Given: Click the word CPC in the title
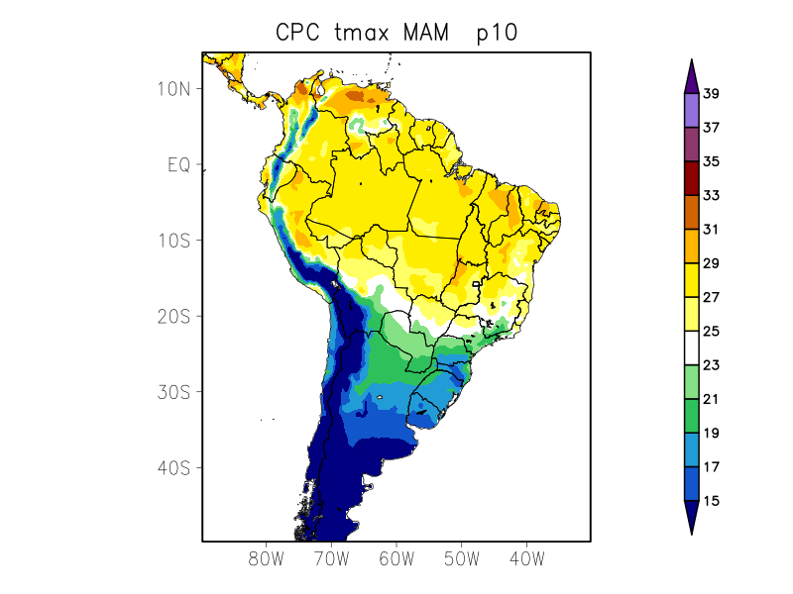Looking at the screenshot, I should click(297, 33).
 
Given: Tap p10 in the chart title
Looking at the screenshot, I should click(497, 33).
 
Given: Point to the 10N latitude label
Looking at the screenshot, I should click(173, 89).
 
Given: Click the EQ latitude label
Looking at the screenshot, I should click(178, 165).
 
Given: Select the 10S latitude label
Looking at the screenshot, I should click(173, 241).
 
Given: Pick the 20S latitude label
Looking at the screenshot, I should click(173, 317).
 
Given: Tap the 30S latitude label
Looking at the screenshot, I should click(173, 392).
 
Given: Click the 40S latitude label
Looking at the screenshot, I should click(173, 468).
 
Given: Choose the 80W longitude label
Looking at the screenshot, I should click(267, 558).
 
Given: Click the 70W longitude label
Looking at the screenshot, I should click(331, 558).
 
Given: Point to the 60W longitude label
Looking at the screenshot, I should click(396, 558).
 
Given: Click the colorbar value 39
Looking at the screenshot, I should click(711, 95).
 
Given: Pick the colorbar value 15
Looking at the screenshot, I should click(711, 502).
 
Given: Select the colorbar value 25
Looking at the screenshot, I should click(711, 332).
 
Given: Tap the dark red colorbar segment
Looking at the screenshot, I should click(692, 178).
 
